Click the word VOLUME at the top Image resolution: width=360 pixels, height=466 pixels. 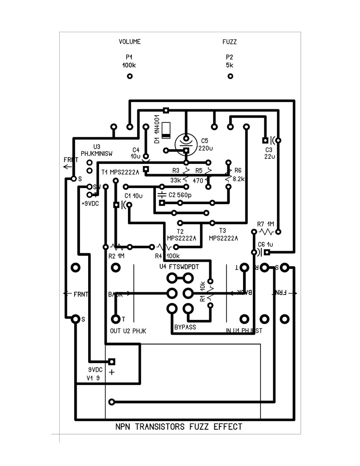click(x=130, y=42)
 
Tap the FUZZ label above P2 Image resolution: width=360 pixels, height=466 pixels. click(x=230, y=42)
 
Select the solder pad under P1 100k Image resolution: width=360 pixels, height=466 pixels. click(x=130, y=76)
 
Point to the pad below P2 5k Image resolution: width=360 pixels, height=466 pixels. click(x=230, y=76)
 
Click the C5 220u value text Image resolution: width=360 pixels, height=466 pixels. click(x=205, y=144)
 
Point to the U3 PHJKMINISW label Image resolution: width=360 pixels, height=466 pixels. click(x=97, y=151)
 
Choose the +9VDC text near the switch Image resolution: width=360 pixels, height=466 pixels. click(x=90, y=203)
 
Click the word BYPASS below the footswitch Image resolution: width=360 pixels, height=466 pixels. click(x=185, y=327)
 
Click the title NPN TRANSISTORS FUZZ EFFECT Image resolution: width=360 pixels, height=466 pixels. click(x=179, y=427)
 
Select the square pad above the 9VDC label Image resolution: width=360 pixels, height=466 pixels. click(x=112, y=361)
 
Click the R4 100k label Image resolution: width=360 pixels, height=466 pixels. click(x=167, y=256)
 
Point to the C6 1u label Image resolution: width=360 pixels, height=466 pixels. click(x=265, y=244)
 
